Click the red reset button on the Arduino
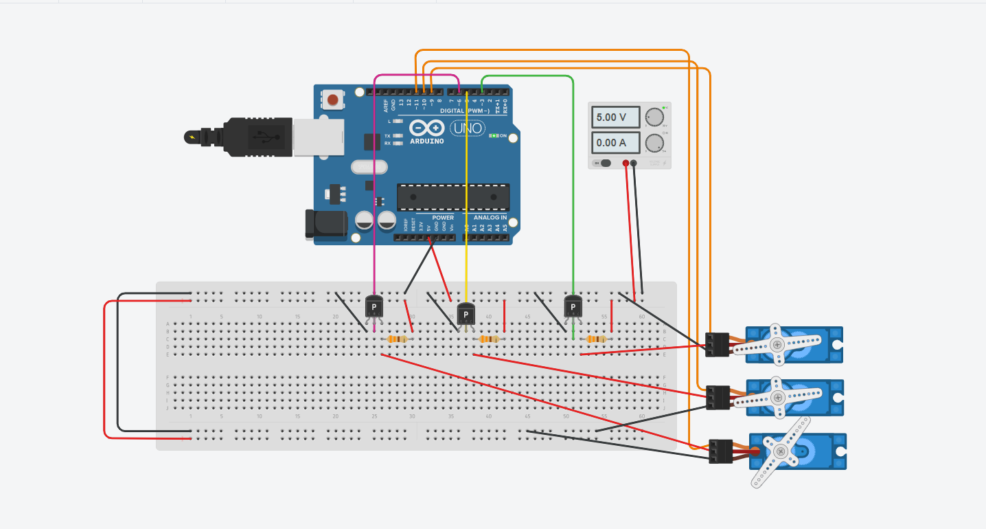(333, 100)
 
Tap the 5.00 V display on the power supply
(615, 117)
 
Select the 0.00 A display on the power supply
(615, 143)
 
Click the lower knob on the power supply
(654, 143)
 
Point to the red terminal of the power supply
(625, 163)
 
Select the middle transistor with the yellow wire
(466, 314)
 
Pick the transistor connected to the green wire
(573, 306)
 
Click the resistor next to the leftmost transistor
(398, 339)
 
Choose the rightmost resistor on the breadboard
(595, 339)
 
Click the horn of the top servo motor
(777, 344)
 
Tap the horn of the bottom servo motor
(781, 451)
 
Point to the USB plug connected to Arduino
(261, 137)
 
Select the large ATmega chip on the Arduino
(453, 197)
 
